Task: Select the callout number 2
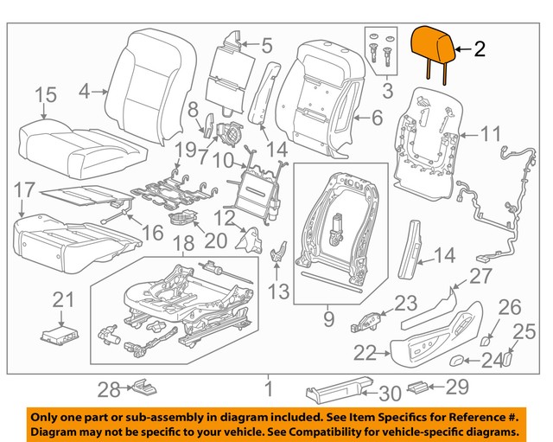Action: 480,49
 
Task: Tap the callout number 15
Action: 45,94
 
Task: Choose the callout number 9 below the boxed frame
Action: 328,321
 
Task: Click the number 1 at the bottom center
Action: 269,390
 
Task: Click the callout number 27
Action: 479,275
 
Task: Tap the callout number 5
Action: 266,44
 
